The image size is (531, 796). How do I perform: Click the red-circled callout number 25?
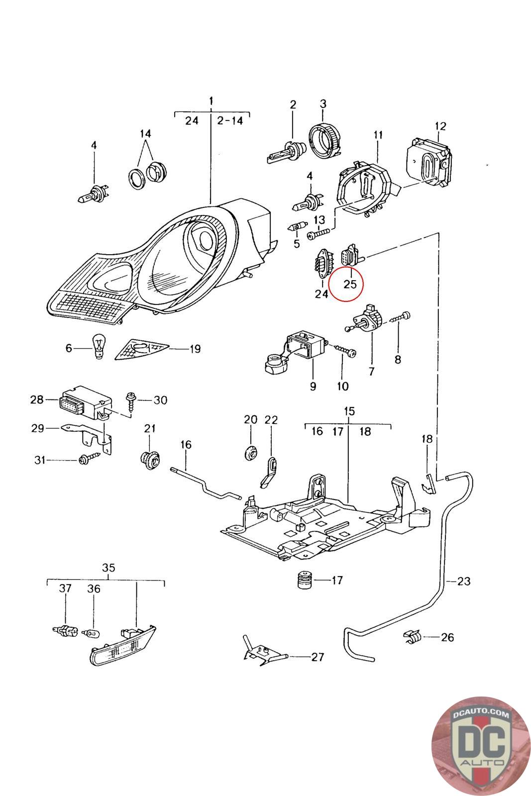pos(350,285)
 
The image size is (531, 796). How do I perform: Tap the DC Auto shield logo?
pos(480,745)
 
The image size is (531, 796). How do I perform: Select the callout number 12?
pos(440,126)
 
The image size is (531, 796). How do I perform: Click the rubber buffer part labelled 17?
pos(305,580)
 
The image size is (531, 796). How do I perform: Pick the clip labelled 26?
pos(413,636)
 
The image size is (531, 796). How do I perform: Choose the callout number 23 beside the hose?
pos(463,581)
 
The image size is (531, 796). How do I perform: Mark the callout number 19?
pos(195,349)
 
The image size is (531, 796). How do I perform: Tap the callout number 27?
pos(318,657)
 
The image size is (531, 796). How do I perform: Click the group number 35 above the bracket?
pos(108,568)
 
